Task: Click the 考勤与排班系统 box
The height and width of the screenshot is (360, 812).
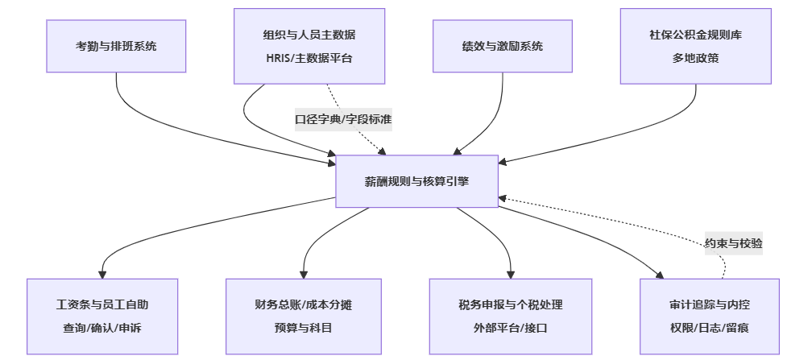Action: pos(116,46)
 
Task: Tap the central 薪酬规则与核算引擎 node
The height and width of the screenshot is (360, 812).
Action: pos(417,182)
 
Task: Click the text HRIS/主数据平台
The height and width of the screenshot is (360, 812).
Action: pos(309,58)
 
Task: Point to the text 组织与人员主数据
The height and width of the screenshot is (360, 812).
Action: pos(309,35)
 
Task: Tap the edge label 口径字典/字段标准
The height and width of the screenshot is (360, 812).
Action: pos(343,119)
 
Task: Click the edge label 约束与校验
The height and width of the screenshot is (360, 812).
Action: pos(734,242)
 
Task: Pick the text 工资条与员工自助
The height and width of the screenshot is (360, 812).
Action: pos(103,305)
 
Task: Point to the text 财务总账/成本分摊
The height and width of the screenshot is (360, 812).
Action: pos(303,305)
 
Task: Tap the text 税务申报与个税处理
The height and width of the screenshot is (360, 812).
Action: pos(511,305)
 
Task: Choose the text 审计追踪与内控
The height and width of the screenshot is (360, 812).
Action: pos(710,305)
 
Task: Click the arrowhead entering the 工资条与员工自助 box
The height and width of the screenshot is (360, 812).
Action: pos(103,274)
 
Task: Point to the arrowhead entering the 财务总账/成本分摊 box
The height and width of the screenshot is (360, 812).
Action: pos(304,274)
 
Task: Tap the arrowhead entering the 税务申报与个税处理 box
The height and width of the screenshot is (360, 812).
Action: pos(511,274)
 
